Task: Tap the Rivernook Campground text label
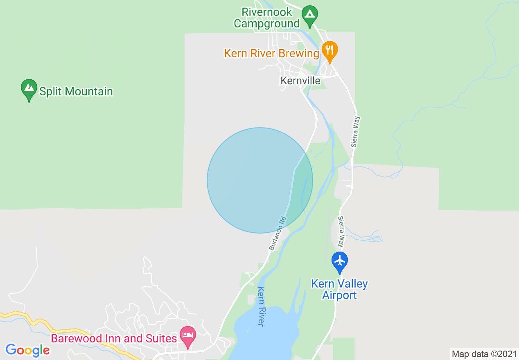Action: [x=267, y=18]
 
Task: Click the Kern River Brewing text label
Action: [x=271, y=54]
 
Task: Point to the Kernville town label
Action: [x=300, y=81]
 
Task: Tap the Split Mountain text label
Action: [x=76, y=91]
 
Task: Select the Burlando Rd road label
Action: [x=277, y=233]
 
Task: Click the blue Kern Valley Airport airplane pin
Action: [x=340, y=262]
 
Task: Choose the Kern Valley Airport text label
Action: [x=339, y=289]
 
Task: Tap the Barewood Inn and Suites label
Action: [x=114, y=339]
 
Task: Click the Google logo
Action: [x=28, y=350]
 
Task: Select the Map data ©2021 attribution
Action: [x=484, y=354]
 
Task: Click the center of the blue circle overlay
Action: [x=260, y=180]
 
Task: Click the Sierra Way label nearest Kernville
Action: [x=355, y=131]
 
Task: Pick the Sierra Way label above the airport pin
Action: [x=341, y=232]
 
